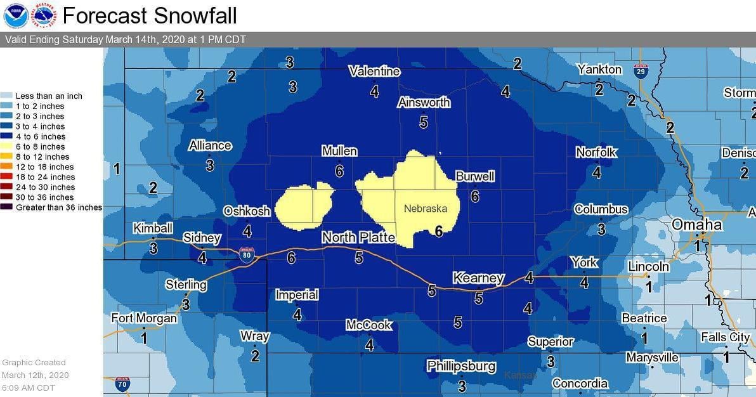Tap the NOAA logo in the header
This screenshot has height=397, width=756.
coord(15,15)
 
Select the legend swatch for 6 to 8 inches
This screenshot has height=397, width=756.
coord(8,146)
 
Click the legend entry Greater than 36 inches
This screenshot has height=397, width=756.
coord(59,207)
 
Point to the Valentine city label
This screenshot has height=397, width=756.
coord(374,72)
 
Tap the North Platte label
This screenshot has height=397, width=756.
coord(358,238)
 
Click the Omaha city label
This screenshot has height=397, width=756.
coord(696,225)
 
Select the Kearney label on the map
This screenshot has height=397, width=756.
coord(478,278)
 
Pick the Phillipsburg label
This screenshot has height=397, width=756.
coord(460,367)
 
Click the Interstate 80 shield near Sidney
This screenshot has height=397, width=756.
coord(247,255)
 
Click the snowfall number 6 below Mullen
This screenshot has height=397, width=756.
coord(339,171)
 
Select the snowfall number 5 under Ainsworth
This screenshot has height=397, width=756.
coord(424,122)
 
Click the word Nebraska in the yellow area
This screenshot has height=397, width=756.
coord(425,209)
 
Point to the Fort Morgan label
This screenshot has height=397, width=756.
coord(144,318)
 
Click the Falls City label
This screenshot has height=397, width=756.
coord(726,337)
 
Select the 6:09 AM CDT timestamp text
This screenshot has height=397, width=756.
coord(28,387)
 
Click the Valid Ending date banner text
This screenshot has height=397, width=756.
coord(125,39)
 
